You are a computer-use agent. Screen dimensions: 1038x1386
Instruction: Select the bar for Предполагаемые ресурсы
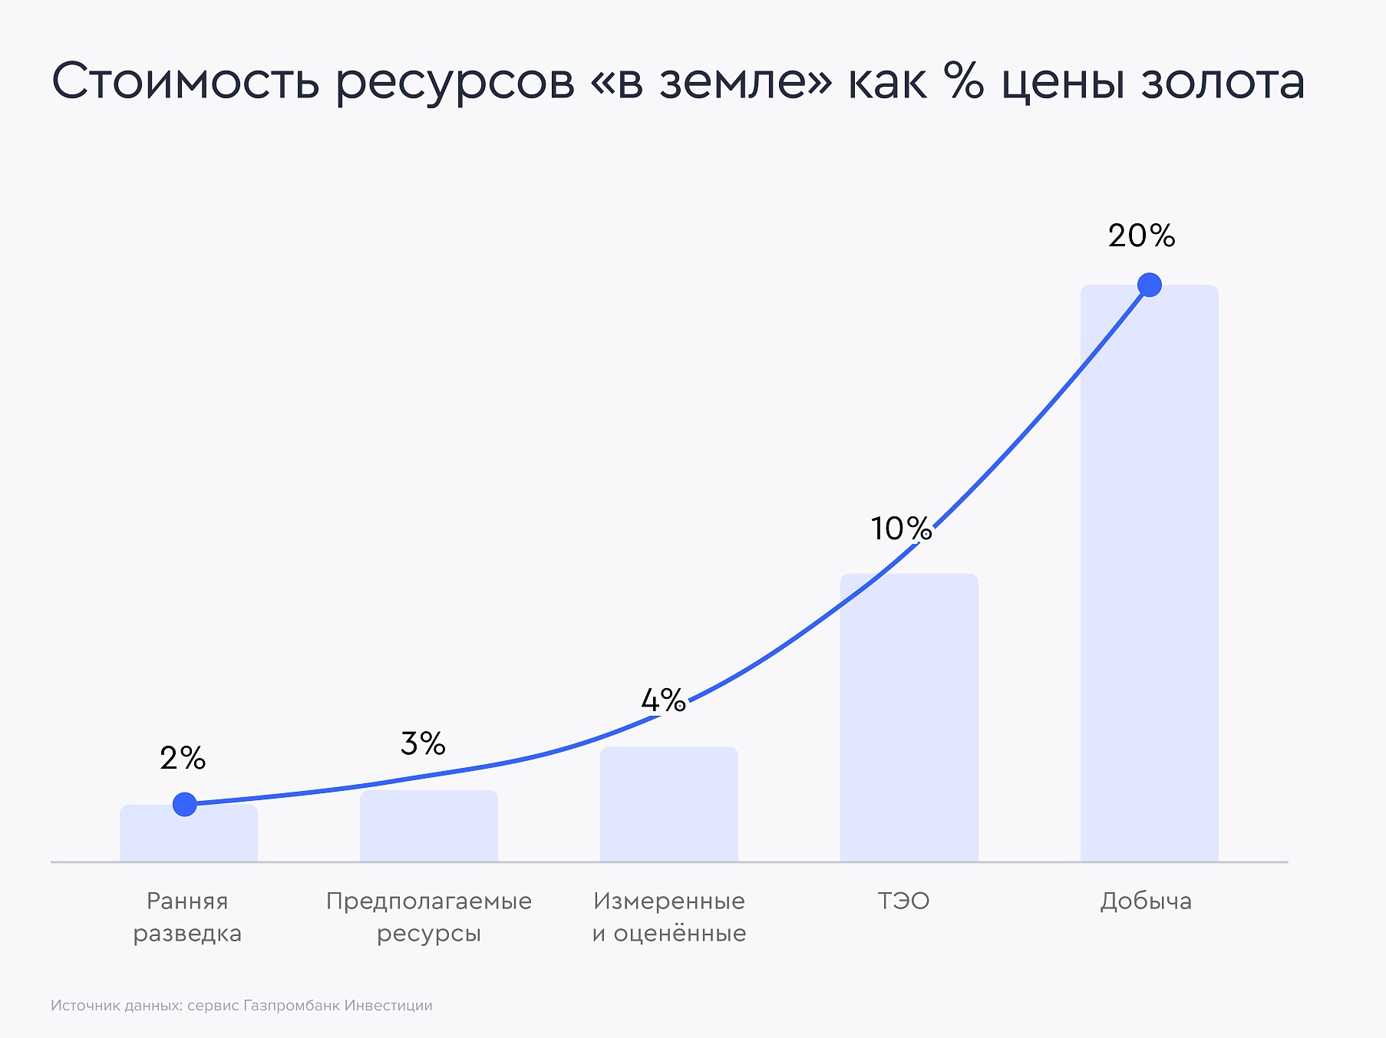[429, 826]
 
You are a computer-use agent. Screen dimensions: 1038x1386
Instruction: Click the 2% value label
[183, 758]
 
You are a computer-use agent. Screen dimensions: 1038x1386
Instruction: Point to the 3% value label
[423, 743]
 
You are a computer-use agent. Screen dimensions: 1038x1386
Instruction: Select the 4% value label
[663, 700]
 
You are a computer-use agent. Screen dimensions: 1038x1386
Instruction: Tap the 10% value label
[901, 528]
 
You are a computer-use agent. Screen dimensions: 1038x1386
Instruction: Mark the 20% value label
[1141, 236]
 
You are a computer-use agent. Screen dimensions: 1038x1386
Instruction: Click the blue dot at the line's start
[185, 804]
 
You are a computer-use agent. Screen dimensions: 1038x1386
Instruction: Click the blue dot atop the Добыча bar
[1150, 285]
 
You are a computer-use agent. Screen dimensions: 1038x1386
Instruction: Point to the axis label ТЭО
[903, 901]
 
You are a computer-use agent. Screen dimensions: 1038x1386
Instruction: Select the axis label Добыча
[1146, 901]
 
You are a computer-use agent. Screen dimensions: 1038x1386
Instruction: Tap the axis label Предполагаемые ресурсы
[429, 917]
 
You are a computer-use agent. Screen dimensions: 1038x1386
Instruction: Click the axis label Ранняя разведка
[187, 917]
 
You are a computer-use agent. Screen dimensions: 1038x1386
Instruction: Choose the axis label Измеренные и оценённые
[669, 917]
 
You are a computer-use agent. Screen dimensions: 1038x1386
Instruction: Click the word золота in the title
[1223, 81]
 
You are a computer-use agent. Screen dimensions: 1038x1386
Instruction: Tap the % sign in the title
[964, 80]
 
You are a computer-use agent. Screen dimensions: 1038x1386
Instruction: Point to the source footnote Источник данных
[242, 1005]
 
